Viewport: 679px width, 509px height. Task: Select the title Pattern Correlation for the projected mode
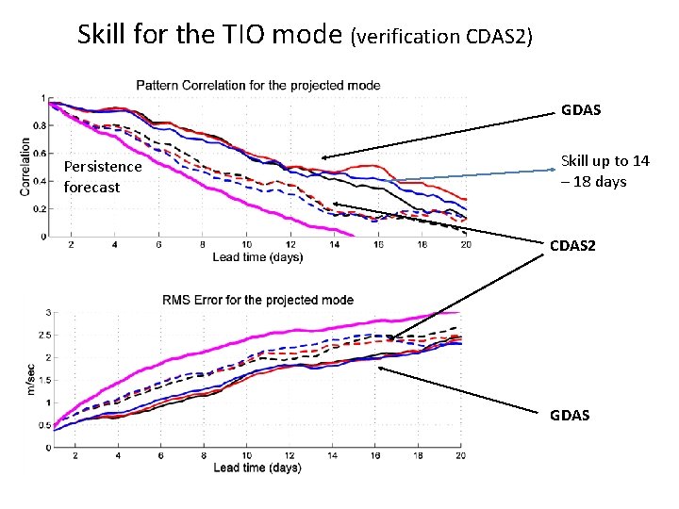258,85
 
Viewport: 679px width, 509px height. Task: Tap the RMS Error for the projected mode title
258,300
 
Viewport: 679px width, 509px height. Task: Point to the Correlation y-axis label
25,167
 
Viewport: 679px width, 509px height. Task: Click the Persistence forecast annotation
102,176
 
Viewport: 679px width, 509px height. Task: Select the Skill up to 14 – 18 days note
604,171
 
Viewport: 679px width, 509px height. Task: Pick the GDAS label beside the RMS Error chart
570,415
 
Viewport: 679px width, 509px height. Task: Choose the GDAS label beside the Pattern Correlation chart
581,110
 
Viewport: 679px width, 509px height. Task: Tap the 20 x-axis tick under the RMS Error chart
460,456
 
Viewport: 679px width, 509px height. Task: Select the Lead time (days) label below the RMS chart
257,468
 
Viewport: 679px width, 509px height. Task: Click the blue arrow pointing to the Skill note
472,175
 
